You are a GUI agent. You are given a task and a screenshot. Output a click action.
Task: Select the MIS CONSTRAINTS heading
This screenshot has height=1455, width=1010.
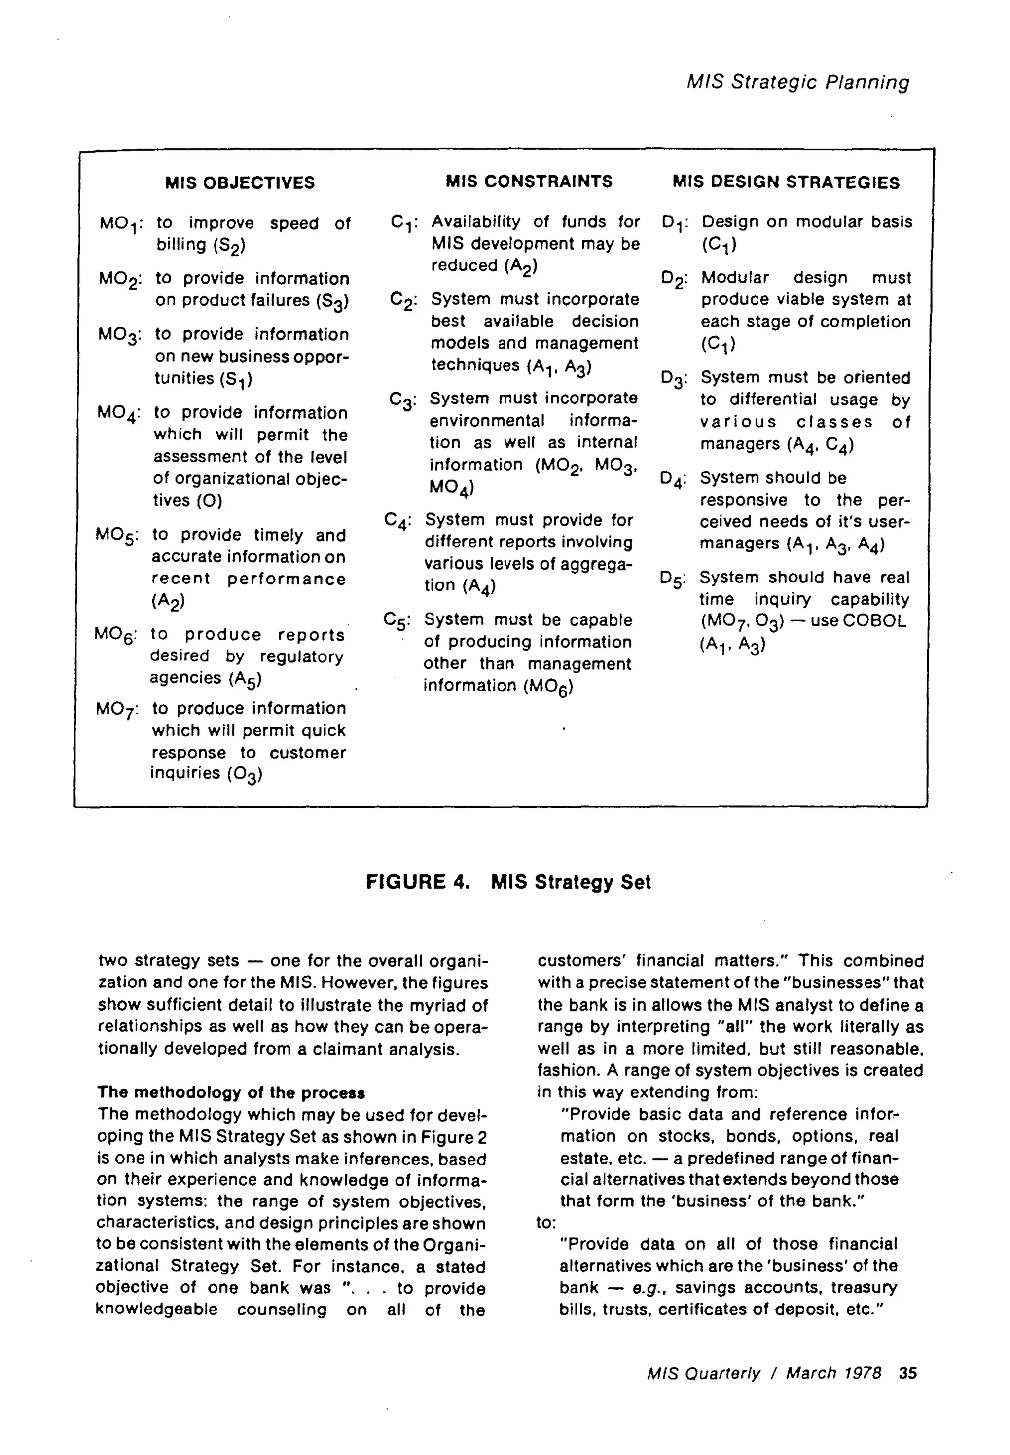click(529, 182)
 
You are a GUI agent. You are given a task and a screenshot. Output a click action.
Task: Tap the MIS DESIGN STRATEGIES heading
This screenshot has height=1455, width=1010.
click(786, 183)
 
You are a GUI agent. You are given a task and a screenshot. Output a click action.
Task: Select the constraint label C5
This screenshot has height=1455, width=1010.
click(396, 621)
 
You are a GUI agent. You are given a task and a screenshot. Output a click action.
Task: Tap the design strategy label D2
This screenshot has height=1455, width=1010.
click(673, 279)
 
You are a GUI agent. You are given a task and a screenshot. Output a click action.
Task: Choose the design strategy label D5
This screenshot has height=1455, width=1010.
click(671, 579)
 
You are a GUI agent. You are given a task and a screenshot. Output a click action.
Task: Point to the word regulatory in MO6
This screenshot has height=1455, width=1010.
click(302, 657)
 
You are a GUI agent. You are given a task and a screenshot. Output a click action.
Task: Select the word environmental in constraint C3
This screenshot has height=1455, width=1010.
click(487, 421)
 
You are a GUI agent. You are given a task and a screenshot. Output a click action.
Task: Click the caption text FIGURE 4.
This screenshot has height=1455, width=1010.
click(418, 882)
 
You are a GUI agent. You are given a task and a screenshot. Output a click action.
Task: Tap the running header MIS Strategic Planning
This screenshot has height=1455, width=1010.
click(798, 82)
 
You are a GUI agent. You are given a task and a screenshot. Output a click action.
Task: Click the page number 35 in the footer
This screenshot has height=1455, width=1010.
click(907, 1373)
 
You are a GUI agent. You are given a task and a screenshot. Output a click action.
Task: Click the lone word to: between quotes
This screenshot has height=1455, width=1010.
click(545, 1223)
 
